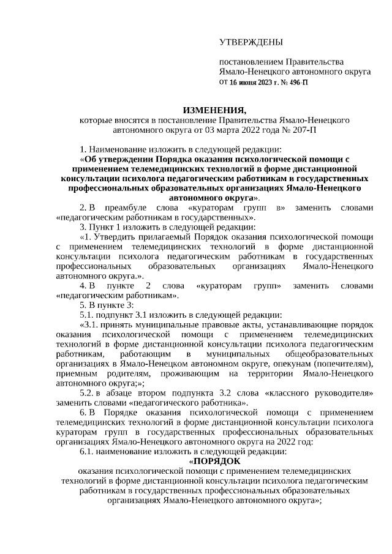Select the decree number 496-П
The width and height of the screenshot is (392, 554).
(296, 81)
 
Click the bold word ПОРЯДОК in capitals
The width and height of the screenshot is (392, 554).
(217, 461)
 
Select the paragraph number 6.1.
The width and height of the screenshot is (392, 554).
(88, 451)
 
